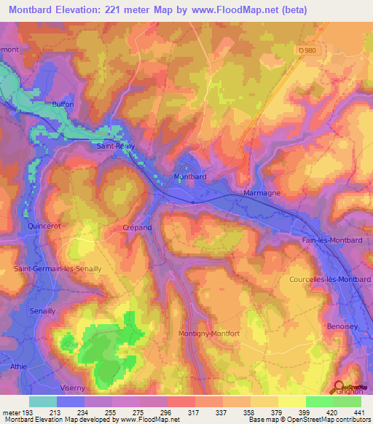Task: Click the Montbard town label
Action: pos(192,177)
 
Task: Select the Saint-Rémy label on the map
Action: pos(116,146)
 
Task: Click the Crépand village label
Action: pos(137,227)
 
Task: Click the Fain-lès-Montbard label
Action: pos(331,240)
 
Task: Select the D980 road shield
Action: pos(308,50)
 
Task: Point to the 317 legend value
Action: pos(195,413)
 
